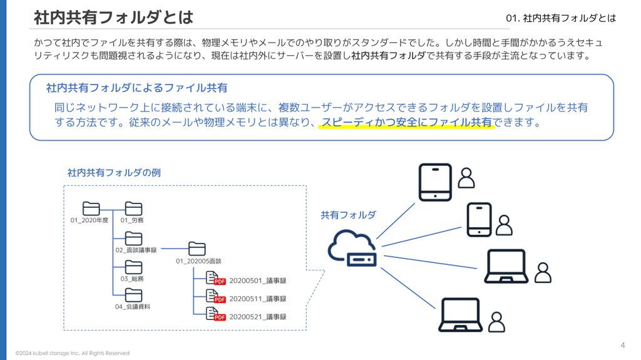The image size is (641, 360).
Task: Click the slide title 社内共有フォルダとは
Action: click(x=114, y=18)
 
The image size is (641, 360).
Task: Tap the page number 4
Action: click(x=623, y=345)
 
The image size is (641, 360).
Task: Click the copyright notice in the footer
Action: click(x=73, y=353)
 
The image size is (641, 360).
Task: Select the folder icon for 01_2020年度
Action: click(x=91, y=208)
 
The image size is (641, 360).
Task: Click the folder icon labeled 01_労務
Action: click(x=133, y=208)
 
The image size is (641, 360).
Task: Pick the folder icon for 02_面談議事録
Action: click(x=133, y=239)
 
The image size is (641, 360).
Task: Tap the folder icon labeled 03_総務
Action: click(x=133, y=267)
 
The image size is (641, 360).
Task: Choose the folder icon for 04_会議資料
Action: click(x=133, y=296)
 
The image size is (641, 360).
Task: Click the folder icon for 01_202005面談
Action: click(x=197, y=249)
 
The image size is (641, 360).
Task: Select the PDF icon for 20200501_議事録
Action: click(x=215, y=279)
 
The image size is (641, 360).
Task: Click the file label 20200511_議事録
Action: click(x=257, y=299)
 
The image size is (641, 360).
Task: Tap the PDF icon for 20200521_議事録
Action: click(x=215, y=314)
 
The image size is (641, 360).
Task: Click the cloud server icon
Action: click(x=352, y=248)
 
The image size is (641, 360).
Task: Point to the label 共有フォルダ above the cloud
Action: click(x=348, y=215)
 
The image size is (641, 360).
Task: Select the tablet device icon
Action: click(x=436, y=182)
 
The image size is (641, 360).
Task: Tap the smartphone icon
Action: click(x=479, y=219)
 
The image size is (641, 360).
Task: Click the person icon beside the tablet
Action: click(x=466, y=178)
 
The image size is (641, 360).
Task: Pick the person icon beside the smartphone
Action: click(x=504, y=225)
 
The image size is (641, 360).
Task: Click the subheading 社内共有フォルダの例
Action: click(x=114, y=173)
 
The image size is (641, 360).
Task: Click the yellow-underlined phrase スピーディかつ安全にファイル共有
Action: click(x=406, y=122)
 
